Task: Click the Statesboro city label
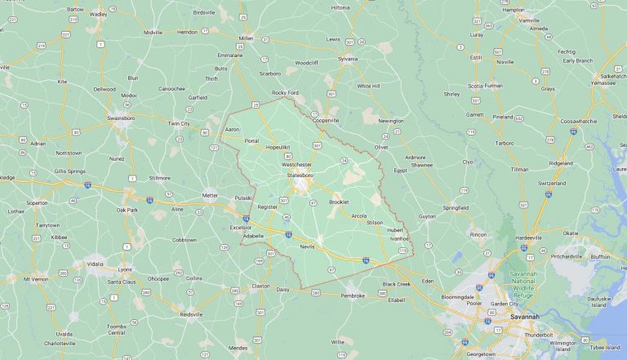coord(298,175)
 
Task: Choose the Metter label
coord(211,195)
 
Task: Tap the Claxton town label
coord(261,286)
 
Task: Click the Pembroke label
coord(353,296)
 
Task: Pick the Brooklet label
coord(338,202)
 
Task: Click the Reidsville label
coord(191,313)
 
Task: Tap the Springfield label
coord(456,207)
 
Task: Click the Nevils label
coord(307,246)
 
